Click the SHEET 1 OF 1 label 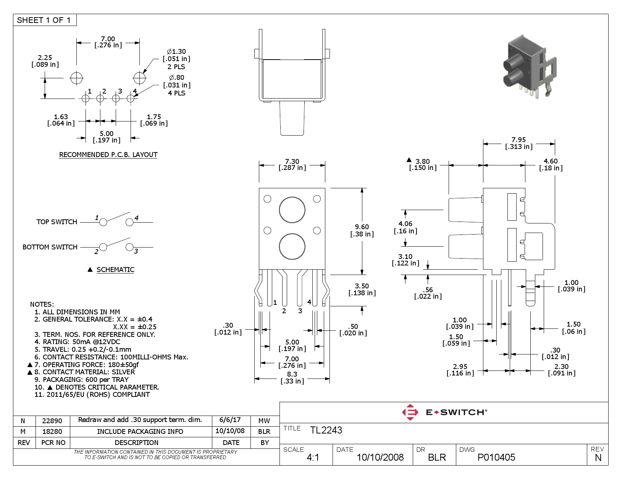click(x=44, y=20)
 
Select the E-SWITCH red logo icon click(x=410, y=412)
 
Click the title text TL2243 click(x=326, y=430)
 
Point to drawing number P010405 click(x=496, y=457)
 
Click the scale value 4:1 click(x=313, y=457)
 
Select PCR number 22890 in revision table click(x=52, y=421)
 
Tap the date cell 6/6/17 click(x=230, y=420)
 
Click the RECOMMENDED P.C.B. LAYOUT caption click(x=108, y=155)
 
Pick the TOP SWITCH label click(x=57, y=222)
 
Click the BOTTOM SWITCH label click(x=50, y=247)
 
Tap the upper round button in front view click(x=292, y=210)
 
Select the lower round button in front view click(x=292, y=246)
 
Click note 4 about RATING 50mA click(x=77, y=342)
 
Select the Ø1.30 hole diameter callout click(x=176, y=52)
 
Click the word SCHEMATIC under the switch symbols click(x=115, y=270)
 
